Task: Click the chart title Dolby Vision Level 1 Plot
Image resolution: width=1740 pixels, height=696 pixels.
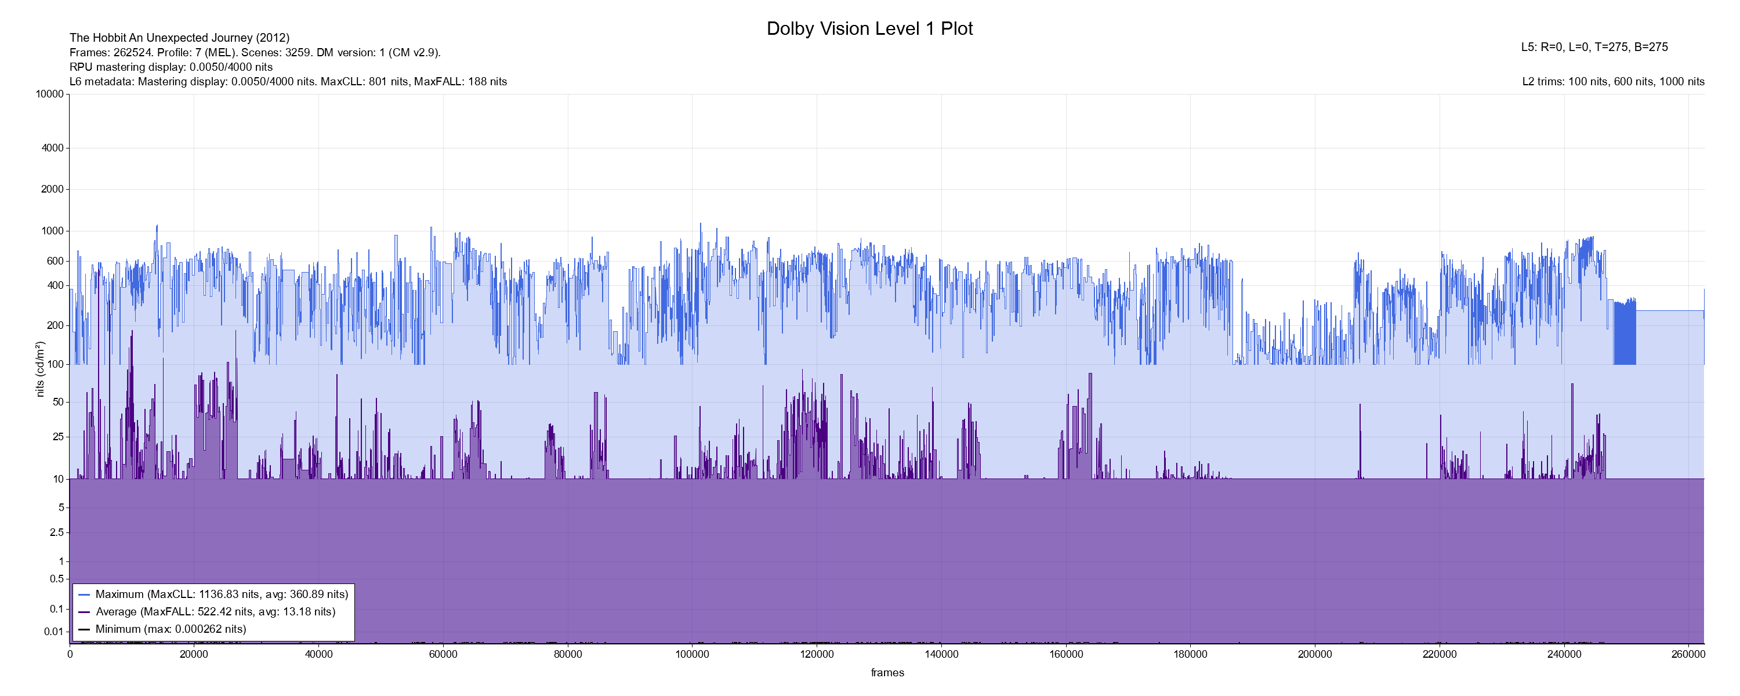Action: click(869, 28)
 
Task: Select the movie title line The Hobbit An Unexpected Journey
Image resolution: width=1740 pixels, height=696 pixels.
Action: click(179, 38)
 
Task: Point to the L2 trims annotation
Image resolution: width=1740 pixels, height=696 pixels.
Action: click(1613, 82)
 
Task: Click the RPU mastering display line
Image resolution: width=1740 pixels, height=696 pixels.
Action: click(171, 67)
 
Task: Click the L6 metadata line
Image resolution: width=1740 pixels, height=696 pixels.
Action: click(288, 82)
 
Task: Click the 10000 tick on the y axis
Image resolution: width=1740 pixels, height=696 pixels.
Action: click(50, 95)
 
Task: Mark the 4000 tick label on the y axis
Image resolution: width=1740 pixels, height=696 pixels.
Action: click(53, 148)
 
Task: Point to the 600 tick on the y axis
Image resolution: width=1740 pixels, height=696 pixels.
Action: click(55, 262)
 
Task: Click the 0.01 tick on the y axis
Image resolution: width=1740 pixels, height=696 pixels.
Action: click(53, 632)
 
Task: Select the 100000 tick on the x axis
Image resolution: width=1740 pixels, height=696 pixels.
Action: click(693, 654)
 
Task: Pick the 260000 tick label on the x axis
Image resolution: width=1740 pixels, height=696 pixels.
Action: click(1688, 654)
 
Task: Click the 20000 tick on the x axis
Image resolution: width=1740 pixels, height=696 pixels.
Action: click(194, 654)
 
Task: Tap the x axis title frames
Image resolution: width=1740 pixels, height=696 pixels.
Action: click(887, 672)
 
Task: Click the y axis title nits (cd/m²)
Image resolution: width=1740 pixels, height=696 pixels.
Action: click(40, 369)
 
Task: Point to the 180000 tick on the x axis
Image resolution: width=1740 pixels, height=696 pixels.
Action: click(1190, 654)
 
